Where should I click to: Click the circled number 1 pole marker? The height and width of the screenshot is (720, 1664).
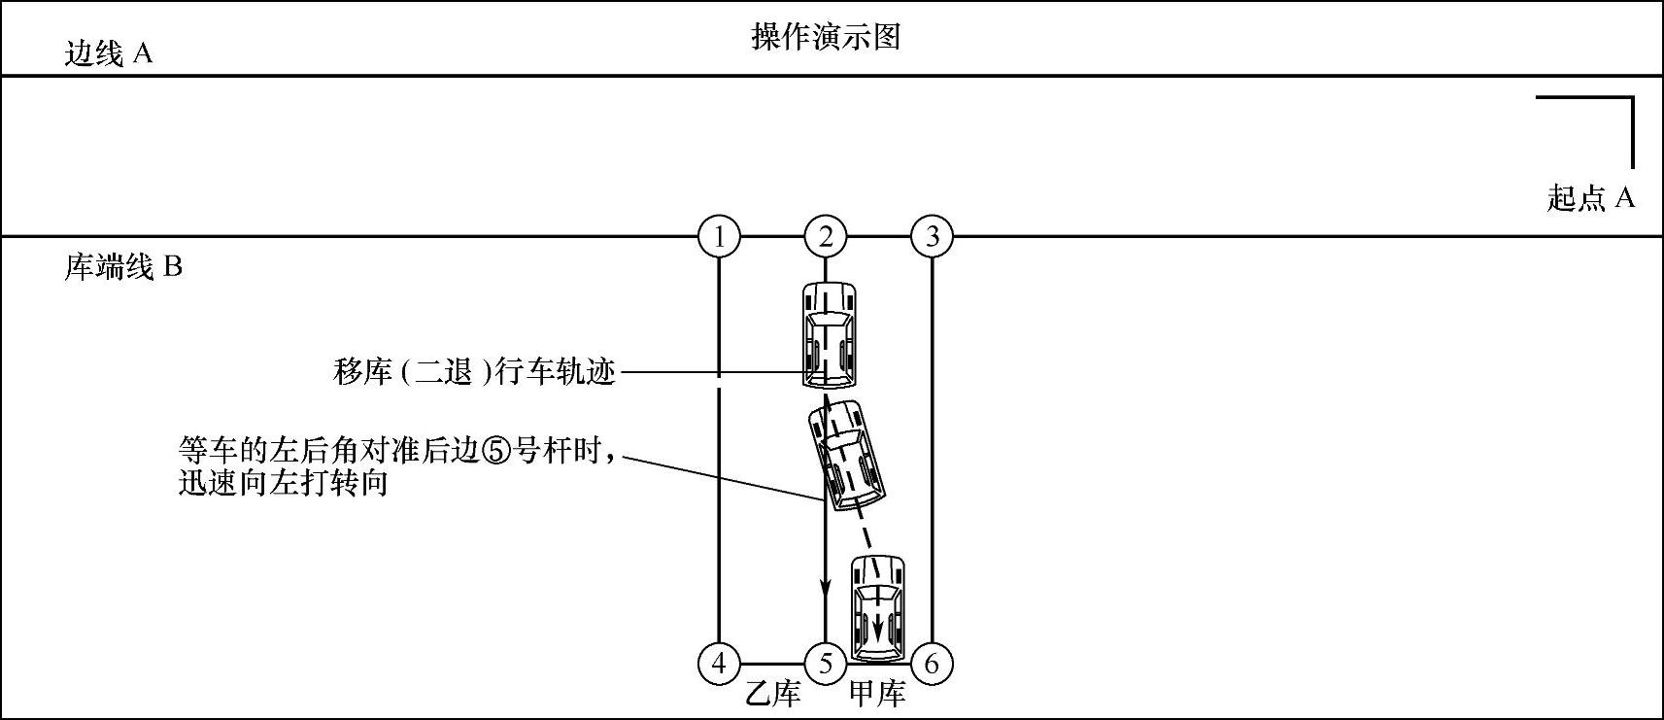(719, 236)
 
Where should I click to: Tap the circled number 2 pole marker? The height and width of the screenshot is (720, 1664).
(826, 236)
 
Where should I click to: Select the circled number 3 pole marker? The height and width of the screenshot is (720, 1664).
(933, 236)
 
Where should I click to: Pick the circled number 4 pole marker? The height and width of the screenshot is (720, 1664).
(719, 664)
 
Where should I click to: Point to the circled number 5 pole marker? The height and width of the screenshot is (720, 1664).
(826, 664)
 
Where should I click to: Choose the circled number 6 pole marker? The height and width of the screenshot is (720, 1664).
(933, 664)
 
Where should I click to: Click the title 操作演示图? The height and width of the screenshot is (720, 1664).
(826, 37)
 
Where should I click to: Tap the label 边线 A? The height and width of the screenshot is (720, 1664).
(109, 53)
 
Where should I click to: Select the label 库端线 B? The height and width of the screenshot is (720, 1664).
(123, 267)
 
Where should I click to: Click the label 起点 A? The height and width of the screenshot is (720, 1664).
(1591, 198)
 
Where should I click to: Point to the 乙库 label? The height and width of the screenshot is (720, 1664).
(773, 695)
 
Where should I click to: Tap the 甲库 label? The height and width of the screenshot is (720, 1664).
(877, 695)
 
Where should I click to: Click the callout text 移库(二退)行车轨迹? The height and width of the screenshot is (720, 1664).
(474, 371)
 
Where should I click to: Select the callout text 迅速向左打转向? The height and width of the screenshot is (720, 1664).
(284, 483)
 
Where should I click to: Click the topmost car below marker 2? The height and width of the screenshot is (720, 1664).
(829, 333)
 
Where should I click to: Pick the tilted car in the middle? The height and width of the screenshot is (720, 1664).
(848, 454)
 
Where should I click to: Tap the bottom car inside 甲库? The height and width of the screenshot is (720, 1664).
(878, 607)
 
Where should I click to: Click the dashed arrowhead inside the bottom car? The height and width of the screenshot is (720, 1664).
(879, 628)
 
